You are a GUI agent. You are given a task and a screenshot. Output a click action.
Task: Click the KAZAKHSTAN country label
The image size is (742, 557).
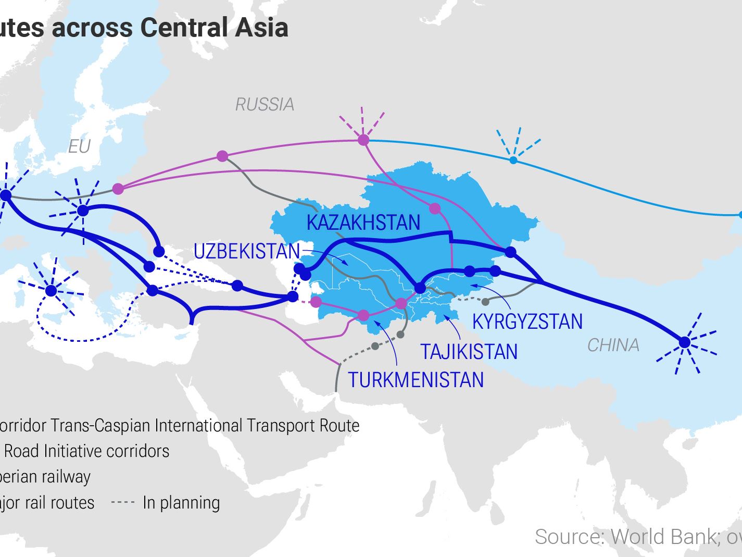click(x=363, y=222)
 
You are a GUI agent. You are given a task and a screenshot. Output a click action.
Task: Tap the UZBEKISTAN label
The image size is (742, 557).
click(x=247, y=252)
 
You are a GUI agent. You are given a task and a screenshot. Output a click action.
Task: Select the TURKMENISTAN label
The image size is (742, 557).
click(x=416, y=380)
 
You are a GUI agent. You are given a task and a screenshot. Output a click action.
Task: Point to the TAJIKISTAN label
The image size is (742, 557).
click(x=469, y=352)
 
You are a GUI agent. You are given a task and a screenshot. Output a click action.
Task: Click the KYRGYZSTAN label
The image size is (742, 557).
click(x=527, y=321)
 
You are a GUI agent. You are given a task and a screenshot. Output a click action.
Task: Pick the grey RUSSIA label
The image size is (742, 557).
click(x=265, y=105)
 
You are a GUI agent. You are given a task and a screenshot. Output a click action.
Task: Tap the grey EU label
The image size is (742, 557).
click(x=79, y=147)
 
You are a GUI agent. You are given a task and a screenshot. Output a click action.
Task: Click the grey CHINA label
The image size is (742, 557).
click(x=613, y=345)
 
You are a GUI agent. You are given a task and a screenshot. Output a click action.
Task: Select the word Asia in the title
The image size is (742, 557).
click(x=261, y=27)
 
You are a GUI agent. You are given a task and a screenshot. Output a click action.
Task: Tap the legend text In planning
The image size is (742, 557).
click(x=181, y=503)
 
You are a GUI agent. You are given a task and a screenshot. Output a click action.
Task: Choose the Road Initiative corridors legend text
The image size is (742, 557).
click(x=86, y=451)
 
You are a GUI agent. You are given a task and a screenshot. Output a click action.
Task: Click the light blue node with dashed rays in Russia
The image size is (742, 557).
click(x=513, y=160)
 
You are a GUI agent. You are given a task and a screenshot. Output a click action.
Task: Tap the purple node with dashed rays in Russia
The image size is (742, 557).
click(x=363, y=140)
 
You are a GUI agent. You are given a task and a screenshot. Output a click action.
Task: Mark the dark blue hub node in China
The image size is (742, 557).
click(x=685, y=342)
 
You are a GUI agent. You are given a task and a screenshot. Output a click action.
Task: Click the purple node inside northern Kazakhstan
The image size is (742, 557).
click(x=435, y=209)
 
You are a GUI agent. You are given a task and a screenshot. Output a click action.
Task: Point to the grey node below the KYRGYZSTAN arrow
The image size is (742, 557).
click(x=485, y=302)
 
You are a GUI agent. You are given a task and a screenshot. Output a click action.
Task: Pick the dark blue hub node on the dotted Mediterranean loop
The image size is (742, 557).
click(x=51, y=291)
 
